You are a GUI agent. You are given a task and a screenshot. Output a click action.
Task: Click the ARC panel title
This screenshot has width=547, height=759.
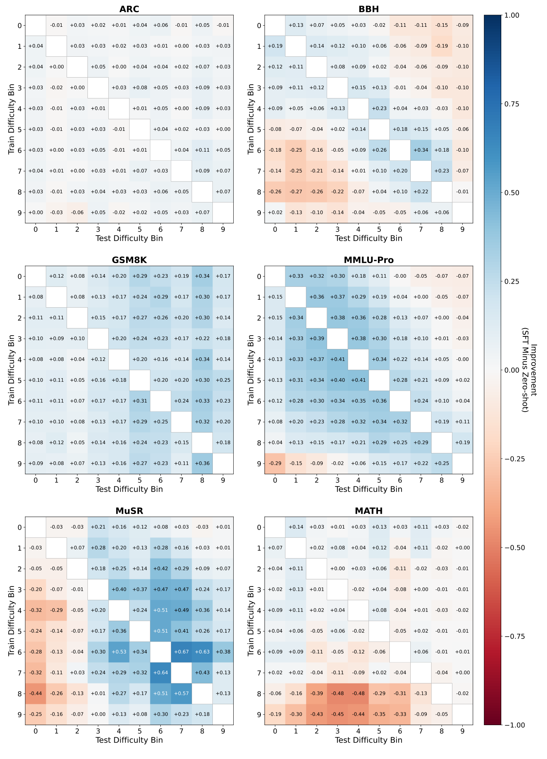point(129,9)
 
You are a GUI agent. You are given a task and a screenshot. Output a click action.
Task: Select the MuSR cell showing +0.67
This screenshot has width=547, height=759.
point(181,652)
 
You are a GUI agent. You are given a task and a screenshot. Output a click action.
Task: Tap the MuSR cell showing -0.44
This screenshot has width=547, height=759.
point(35,694)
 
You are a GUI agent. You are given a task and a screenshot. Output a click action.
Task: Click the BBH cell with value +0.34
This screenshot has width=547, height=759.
point(421,150)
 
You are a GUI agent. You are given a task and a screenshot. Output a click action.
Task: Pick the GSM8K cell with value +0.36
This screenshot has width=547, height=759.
point(202,464)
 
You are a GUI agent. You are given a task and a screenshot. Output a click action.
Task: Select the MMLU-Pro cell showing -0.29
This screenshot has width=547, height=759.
point(275,464)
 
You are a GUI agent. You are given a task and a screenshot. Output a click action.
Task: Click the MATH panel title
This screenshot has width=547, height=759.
point(368,511)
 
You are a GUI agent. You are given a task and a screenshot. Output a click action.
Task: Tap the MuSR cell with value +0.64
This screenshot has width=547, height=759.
point(160,673)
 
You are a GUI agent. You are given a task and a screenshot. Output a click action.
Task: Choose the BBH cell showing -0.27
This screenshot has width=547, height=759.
point(296,192)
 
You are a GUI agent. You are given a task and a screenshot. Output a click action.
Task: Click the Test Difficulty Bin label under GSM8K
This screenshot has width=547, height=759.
point(129,489)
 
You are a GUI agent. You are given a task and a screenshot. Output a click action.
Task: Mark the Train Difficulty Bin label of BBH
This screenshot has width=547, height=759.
point(251,119)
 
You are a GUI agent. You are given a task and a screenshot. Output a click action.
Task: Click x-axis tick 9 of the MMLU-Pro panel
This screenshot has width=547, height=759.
point(462,480)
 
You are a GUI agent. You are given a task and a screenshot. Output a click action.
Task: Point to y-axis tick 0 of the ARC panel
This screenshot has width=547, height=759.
point(19,26)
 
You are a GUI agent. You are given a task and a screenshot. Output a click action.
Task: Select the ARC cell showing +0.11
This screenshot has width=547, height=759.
point(202,150)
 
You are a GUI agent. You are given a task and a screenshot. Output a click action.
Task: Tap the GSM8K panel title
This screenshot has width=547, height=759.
point(129,260)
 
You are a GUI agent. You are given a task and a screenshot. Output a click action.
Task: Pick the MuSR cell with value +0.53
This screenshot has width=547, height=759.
point(119,652)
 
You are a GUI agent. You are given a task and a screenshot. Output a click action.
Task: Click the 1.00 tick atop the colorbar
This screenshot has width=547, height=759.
point(512,15)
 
